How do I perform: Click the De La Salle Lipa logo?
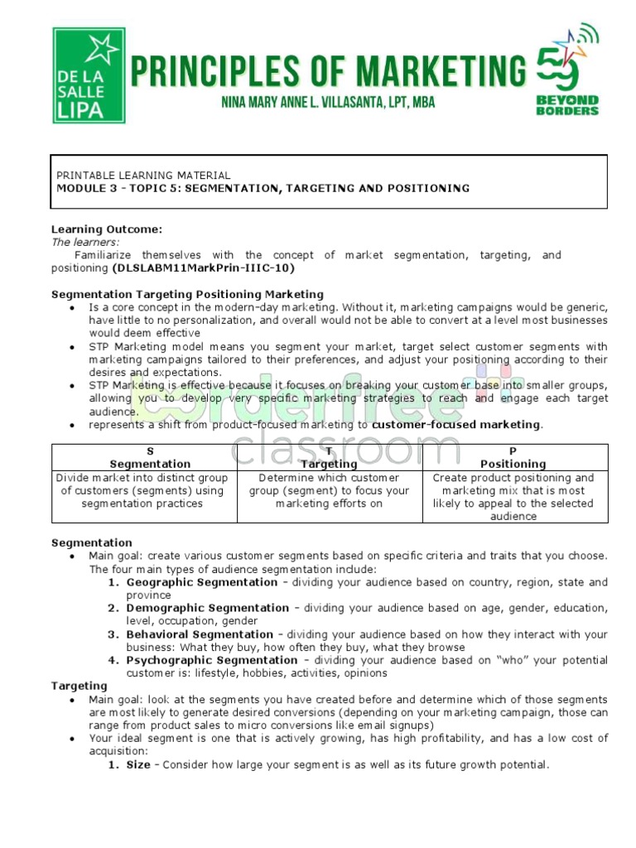point(89,75)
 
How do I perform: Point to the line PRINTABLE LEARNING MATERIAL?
point(143,176)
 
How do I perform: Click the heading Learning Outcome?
point(107,229)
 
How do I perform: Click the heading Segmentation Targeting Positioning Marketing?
point(187,294)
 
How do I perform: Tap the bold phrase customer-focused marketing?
point(456,425)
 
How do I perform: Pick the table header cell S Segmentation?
point(150,458)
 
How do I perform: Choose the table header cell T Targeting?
point(329,458)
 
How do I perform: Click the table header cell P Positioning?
point(513,458)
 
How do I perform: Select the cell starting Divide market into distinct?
point(145,490)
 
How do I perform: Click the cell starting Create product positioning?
point(513,497)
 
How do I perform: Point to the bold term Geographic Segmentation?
point(190,582)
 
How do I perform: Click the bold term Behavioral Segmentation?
point(200,634)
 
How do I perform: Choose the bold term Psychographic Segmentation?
point(212,660)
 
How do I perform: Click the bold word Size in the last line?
point(138,764)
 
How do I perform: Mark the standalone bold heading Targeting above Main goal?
point(79,686)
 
